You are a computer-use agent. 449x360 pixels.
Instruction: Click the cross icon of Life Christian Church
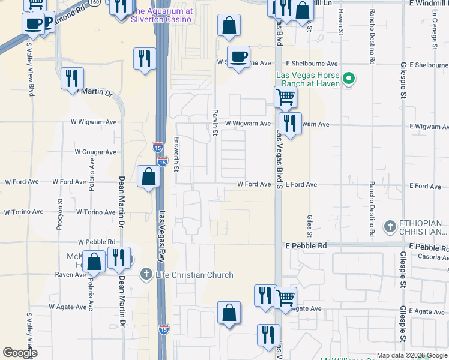coord(146,275)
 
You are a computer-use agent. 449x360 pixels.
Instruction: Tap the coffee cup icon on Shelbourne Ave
coord(239,56)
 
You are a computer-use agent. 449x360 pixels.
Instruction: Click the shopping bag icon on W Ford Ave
coord(148,176)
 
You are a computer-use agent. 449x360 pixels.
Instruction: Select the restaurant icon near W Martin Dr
coord(71,78)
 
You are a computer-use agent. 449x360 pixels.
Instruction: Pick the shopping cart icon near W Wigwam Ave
coord(285,97)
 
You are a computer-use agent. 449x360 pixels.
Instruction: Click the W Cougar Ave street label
coord(95,152)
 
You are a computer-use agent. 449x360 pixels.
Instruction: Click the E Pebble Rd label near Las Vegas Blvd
coord(306,246)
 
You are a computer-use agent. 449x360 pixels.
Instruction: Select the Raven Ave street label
coord(71,274)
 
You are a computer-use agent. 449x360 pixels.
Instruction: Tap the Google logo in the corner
coord(20,353)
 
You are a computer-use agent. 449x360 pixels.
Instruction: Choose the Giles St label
coord(310,226)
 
